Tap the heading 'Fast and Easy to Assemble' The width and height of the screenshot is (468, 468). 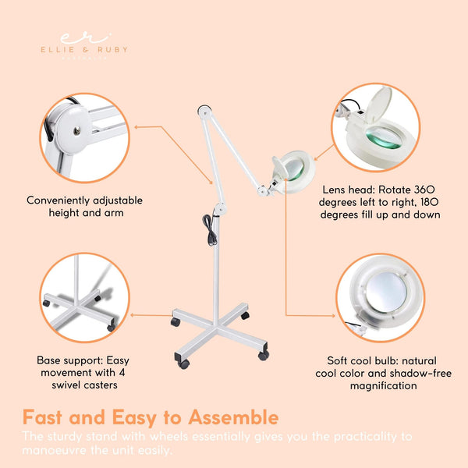(x=151, y=417)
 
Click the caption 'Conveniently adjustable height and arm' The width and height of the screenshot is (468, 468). (x=84, y=206)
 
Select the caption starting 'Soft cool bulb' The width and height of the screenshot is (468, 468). (x=381, y=374)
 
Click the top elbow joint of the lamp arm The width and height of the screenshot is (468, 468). (x=204, y=112)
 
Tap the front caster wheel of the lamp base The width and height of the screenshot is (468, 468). (x=184, y=363)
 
